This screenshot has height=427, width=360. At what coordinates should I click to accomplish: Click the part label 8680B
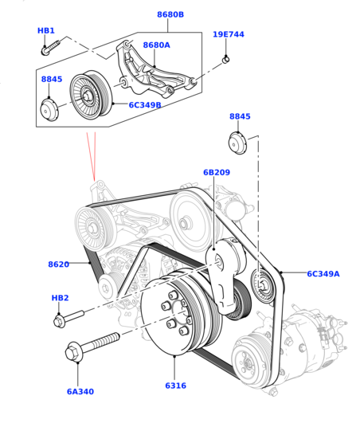coord(170,14)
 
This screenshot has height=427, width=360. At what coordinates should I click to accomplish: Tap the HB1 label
coord(46,30)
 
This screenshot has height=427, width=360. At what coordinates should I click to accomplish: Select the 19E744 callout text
coord(229,34)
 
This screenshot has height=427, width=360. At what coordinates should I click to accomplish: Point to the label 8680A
coord(157,45)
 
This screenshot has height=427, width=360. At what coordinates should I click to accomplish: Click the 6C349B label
coord(145,105)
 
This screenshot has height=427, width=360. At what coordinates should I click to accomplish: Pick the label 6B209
coord(217,172)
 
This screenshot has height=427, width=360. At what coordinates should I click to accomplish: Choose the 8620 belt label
coord(59,264)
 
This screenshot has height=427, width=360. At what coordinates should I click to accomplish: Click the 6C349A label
coord(323,274)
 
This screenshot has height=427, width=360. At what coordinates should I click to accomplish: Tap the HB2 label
coord(60,298)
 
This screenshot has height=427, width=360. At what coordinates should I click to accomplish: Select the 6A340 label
coord(80,392)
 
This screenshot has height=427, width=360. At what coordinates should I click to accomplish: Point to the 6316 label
coord(176,386)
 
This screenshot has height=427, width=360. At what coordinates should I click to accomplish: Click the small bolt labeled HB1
coord(50,47)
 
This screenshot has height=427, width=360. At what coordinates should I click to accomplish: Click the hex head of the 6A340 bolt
coord(72,352)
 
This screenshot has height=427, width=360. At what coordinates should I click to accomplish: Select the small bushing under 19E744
coord(225,59)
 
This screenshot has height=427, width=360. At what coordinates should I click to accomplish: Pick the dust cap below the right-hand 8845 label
coord(237,143)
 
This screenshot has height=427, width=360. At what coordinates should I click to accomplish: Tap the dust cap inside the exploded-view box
coord(49,109)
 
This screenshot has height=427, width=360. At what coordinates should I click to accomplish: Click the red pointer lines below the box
coord(92,155)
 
